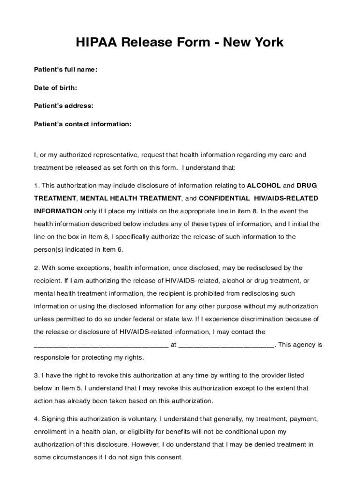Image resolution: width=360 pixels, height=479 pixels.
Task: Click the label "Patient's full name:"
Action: (x=65, y=70)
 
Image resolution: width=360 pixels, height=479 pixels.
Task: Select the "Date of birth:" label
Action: (x=56, y=88)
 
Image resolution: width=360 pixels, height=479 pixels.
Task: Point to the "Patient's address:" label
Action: (x=64, y=106)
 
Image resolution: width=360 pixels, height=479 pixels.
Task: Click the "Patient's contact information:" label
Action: (x=83, y=124)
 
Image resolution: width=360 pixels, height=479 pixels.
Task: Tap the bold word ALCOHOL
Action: (x=264, y=185)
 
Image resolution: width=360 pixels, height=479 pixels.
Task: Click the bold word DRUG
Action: (x=307, y=185)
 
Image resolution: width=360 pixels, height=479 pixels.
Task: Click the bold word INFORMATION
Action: (x=58, y=211)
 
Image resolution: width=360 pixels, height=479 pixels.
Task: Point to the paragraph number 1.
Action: (x=36, y=185)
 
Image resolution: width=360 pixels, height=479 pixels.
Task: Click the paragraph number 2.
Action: (x=36, y=268)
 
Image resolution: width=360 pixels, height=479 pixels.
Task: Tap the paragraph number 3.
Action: (x=36, y=375)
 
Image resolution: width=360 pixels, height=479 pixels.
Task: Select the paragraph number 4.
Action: (x=36, y=419)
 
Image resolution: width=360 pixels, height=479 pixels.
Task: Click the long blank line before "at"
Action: (x=101, y=347)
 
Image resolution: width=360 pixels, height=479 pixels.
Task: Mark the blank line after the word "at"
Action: (x=227, y=347)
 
